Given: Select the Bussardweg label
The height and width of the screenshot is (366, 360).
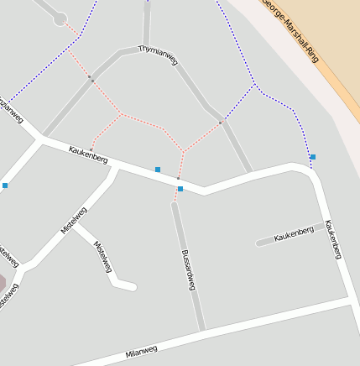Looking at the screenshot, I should pyautogui.click(x=189, y=269).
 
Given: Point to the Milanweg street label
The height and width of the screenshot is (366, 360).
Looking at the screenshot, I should pyautogui.click(x=141, y=350).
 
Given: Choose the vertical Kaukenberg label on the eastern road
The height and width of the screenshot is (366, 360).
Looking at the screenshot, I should pyautogui.click(x=333, y=239).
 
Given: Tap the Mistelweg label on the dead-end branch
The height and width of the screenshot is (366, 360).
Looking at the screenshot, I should pyautogui.click(x=103, y=257).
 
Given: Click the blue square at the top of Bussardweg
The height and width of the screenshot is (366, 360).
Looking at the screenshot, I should pyautogui.click(x=180, y=189).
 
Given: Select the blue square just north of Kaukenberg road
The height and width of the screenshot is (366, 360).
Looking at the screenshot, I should pyautogui.click(x=158, y=170).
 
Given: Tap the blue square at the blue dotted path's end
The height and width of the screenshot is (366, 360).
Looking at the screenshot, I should pyautogui.click(x=313, y=157).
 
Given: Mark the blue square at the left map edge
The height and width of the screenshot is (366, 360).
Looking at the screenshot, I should pyautogui.click(x=5, y=185).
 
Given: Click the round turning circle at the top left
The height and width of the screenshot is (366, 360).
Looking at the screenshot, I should pyautogui.click(x=60, y=18).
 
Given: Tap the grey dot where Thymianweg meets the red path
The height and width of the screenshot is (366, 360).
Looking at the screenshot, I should pyautogui.click(x=222, y=123).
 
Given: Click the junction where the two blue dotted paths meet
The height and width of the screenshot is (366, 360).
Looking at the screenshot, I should pyautogui.click(x=254, y=85).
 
